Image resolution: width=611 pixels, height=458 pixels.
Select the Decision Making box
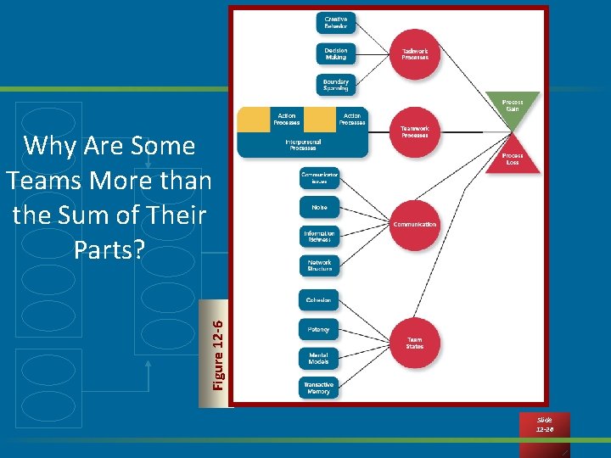(x=336, y=53)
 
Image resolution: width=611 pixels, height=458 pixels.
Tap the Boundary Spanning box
(x=336, y=85)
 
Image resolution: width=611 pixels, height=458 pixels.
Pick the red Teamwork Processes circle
(x=414, y=131)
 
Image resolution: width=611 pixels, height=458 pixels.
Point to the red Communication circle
(x=414, y=225)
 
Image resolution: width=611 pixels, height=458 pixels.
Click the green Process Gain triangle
(x=512, y=108)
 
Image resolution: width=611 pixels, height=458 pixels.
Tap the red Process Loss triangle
(x=512, y=158)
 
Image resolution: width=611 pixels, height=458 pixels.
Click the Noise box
(x=319, y=207)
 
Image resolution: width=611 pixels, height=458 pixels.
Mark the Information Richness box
(x=319, y=237)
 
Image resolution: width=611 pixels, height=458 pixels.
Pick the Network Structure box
(x=319, y=265)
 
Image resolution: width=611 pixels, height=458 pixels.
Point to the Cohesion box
(x=319, y=300)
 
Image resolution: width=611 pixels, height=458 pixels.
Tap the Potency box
(x=319, y=329)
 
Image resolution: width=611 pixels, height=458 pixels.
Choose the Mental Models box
(x=319, y=358)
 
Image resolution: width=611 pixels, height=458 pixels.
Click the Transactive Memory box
(x=319, y=388)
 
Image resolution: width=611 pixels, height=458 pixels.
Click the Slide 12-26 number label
(x=544, y=425)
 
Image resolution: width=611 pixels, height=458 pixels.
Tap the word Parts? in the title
(x=109, y=250)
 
